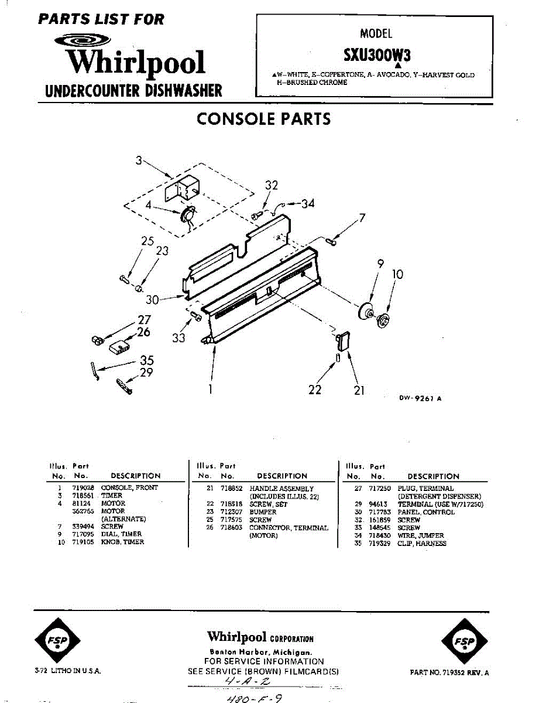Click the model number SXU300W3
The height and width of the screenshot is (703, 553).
tap(377, 54)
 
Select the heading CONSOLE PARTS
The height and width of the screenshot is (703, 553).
tap(263, 119)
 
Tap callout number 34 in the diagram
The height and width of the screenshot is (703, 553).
tap(308, 204)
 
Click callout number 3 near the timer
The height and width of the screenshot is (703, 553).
tap(139, 159)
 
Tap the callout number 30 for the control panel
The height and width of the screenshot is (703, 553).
tap(152, 300)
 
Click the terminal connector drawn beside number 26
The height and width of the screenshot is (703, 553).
tap(119, 346)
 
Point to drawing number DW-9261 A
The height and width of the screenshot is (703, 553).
tap(420, 398)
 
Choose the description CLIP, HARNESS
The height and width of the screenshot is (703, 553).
tap(421, 544)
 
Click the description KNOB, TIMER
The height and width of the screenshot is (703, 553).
tap(123, 542)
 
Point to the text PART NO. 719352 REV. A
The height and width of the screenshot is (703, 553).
tap(449, 673)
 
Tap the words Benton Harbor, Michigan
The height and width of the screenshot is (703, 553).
tap(260, 652)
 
